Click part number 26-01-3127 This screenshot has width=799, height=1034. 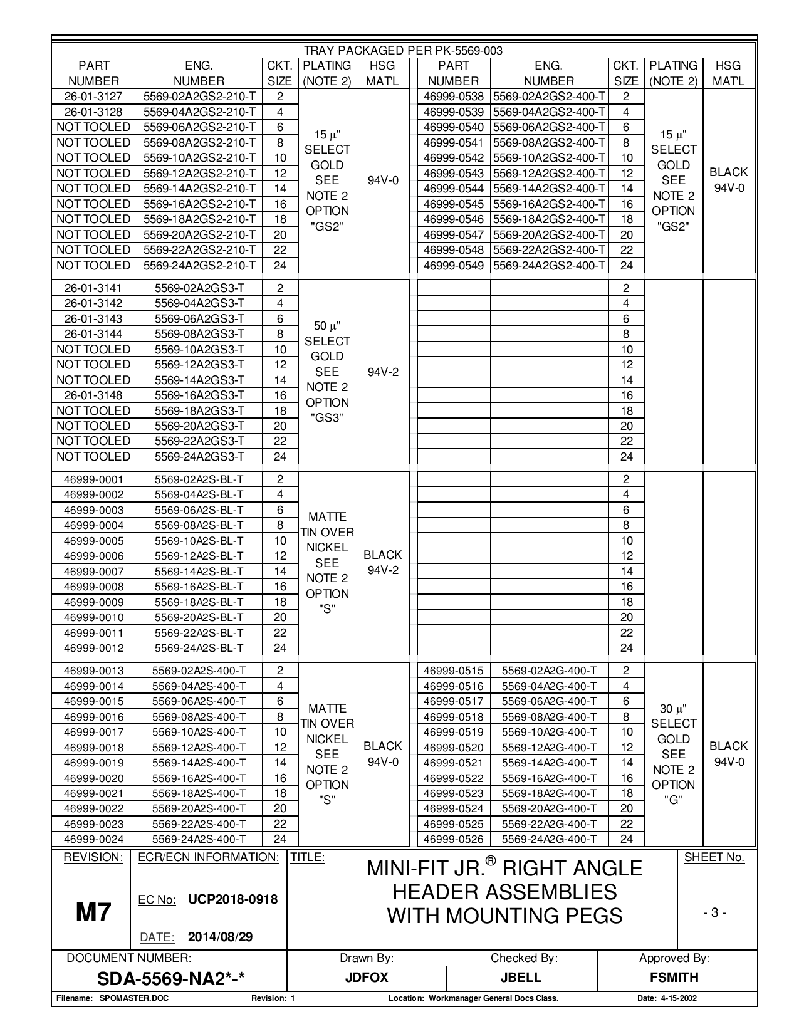coord(93,97)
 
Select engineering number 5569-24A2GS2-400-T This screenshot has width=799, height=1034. coord(549,266)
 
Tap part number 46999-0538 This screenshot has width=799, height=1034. coord(453,97)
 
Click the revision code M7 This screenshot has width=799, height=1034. coord(93,913)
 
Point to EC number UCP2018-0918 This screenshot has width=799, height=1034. coord(232,899)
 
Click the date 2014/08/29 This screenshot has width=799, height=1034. coord(220,937)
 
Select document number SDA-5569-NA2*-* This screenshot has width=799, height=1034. coord(169,978)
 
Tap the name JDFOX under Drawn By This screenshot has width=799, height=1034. coord(367,978)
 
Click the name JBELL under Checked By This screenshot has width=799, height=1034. coord(521,978)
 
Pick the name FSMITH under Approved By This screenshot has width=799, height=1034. coord(674,978)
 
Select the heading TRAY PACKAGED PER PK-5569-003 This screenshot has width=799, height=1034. coord(403,51)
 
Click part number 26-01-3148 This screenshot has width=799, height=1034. coord(93,395)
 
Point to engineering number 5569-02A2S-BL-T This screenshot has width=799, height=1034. coord(199,479)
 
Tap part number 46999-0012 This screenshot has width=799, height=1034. coord(93,648)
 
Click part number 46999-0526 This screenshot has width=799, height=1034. coord(453,839)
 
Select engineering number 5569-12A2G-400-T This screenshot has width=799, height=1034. coord(549,748)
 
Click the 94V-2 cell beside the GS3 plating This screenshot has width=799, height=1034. coord(383,372)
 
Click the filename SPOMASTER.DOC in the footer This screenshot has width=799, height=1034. coord(134,998)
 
